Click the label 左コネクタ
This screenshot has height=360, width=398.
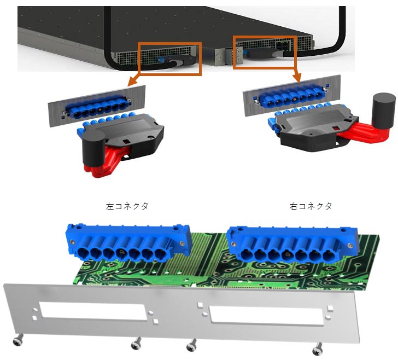tap(127, 206)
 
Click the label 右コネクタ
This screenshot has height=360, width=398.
tap(311, 206)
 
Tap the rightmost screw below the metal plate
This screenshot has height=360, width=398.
tap(318, 349)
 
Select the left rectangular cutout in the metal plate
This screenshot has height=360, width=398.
tap(92, 311)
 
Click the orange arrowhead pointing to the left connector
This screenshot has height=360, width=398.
tap(132, 82)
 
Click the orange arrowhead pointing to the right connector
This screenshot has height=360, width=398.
tap(297, 78)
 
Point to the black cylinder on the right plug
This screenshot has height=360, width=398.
tap(384, 111)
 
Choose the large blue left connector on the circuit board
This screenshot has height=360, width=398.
tap(128, 243)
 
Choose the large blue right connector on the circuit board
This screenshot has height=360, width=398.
tap(292, 245)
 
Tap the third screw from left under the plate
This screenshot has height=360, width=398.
tap(191, 345)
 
